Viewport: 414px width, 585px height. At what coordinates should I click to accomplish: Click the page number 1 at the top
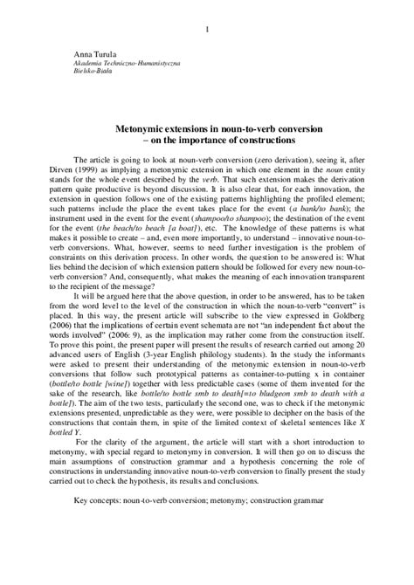207,31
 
